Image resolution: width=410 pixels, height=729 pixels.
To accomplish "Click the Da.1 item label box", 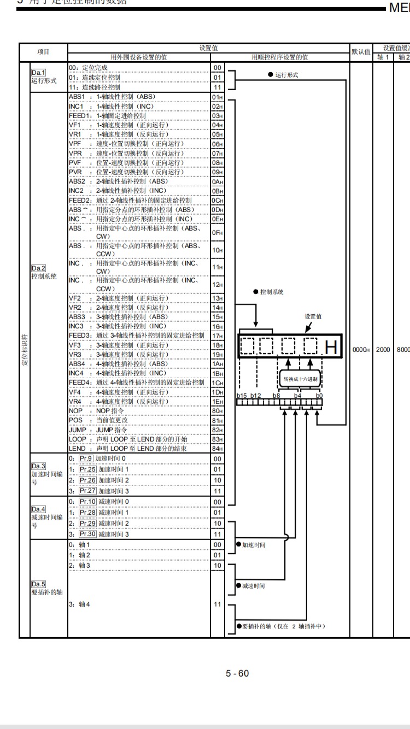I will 38,72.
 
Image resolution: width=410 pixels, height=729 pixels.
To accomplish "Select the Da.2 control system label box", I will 38,268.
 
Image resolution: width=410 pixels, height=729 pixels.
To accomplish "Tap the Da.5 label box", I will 38,584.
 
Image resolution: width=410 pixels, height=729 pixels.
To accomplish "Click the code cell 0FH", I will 217,233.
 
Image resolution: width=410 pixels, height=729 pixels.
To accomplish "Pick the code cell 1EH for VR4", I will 217,402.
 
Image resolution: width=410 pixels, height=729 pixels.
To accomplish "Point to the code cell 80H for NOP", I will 217,411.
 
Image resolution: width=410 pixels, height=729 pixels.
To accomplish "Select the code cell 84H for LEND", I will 217,449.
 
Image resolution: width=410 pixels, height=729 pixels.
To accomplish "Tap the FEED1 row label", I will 78,116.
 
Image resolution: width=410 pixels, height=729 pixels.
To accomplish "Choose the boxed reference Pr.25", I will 87,469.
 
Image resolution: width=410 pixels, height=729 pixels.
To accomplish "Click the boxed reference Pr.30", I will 87,534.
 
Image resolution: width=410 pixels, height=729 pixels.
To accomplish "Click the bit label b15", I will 242,395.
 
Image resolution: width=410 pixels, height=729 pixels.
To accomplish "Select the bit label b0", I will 319,395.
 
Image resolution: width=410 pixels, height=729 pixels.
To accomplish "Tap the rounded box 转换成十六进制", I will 300,379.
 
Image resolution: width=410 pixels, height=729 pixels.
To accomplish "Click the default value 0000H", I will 361,350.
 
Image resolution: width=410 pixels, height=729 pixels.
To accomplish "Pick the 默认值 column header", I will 361,52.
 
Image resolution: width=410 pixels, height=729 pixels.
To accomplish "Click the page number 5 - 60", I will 237,673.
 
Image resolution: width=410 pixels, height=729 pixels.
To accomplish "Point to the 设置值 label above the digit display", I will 313,316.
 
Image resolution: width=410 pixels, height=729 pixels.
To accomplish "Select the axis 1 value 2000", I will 383,350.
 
